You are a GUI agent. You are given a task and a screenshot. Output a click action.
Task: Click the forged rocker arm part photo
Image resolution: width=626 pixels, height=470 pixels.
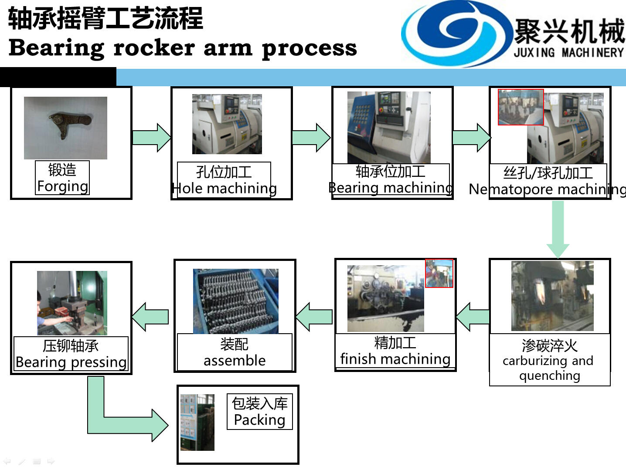[x=65, y=128]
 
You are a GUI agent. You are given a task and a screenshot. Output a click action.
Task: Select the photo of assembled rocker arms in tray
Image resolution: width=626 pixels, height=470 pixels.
[x=235, y=301]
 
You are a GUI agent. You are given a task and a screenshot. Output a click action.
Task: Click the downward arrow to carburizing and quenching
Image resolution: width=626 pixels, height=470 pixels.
[x=558, y=229]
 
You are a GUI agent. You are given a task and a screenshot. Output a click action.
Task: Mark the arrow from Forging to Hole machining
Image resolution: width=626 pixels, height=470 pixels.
[x=151, y=138]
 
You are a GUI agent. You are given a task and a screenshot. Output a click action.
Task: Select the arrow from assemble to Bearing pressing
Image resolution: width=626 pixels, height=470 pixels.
[x=150, y=317]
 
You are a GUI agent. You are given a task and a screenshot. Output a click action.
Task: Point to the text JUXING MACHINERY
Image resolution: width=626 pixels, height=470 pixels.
[x=569, y=53]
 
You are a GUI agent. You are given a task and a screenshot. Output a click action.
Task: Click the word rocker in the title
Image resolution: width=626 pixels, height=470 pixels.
[x=153, y=47]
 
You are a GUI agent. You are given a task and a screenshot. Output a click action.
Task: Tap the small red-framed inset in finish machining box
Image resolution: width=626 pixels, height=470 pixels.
[x=439, y=273]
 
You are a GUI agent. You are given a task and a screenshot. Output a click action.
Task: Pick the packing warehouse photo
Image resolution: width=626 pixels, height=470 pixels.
[x=197, y=423]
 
